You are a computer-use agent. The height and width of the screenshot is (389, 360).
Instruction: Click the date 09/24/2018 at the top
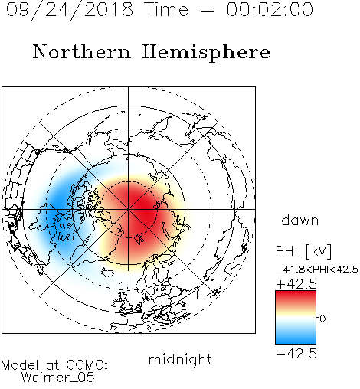pyautogui.click(x=70, y=10)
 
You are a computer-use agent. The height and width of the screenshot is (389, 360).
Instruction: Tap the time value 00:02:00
pyautogui.click(x=270, y=9)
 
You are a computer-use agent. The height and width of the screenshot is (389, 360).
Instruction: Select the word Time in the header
pyautogui.click(x=166, y=9)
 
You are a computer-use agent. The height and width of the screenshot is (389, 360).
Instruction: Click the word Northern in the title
pyautogui.click(x=82, y=51)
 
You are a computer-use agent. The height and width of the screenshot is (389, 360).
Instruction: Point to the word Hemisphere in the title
pyautogui.click(x=206, y=53)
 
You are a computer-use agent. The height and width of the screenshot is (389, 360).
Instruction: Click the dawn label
pyautogui.click(x=300, y=220)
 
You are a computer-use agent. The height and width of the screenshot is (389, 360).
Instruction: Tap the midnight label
pyautogui.click(x=180, y=359)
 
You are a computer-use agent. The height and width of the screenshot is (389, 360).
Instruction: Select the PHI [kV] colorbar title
pyautogui.click(x=303, y=251)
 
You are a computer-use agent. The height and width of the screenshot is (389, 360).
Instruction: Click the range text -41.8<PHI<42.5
pyautogui.click(x=317, y=270)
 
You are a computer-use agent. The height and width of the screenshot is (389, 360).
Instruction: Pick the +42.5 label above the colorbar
pyautogui.click(x=296, y=284)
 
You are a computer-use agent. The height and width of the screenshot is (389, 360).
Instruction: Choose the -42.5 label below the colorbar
pyautogui.click(x=296, y=354)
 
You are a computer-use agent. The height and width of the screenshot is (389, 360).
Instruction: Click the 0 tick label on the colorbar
pyautogui.click(x=322, y=319)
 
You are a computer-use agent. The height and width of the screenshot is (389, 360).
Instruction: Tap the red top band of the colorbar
pyautogui.click(x=296, y=296)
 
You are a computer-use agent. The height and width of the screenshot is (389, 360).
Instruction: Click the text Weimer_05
pyautogui.click(x=58, y=378)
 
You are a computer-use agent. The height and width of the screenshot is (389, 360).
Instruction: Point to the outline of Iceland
pyautogui.click(x=109, y=272)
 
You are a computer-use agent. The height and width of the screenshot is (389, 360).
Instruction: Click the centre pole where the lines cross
pyautogui.click(x=129, y=209)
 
